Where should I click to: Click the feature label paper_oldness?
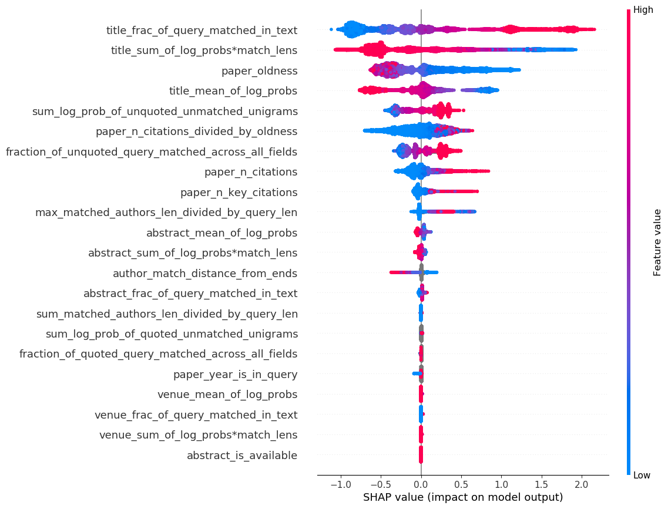(259, 71)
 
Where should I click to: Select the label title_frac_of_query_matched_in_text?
(202, 31)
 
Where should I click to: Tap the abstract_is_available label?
(241, 456)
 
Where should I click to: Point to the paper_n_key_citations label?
(239, 193)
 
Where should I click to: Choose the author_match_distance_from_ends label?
(204, 274)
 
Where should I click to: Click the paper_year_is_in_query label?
(235, 375)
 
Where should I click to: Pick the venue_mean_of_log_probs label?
(227, 395)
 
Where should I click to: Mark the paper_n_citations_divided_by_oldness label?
(196, 132)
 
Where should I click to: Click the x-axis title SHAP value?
(463, 497)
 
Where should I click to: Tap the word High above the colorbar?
(643, 10)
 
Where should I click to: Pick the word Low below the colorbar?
(642, 476)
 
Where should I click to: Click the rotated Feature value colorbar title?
(657, 242)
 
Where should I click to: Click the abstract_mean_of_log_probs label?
(221, 233)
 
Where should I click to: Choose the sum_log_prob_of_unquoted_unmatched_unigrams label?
(165, 112)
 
